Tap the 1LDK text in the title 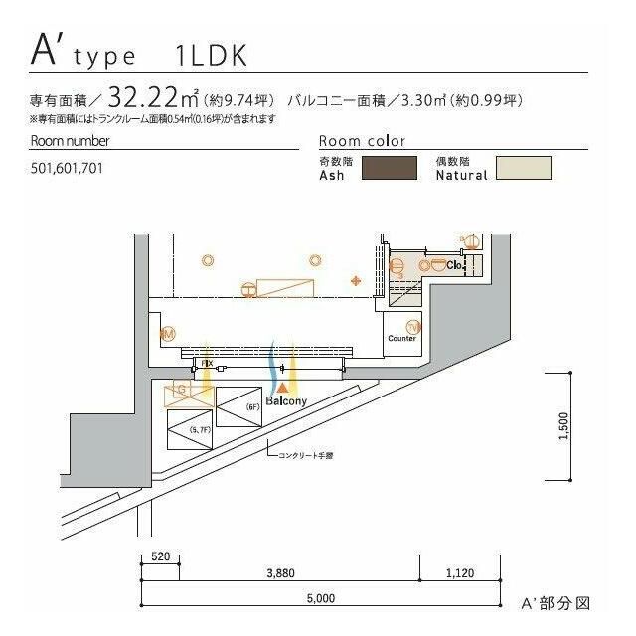point(210,56)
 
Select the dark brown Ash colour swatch point(389,168)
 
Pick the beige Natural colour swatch point(524,168)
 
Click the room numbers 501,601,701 point(67,169)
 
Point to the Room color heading point(362,141)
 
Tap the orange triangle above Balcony point(283,385)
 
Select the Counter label point(401,339)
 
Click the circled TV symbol point(412,326)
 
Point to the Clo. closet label point(455,265)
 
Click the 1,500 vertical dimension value point(563,426)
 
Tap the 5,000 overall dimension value point(320,597)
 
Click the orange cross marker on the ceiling point(356,281)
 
